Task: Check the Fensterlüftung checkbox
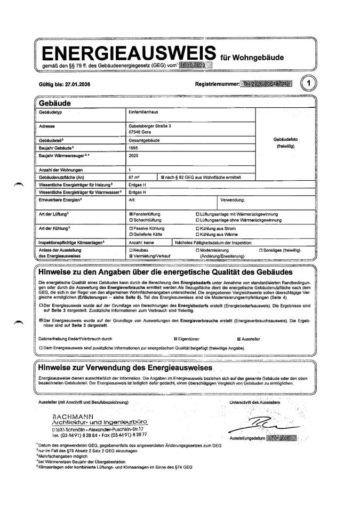[131, 213]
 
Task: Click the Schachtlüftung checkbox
[131, 220]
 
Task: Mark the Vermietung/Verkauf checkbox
[131, 257]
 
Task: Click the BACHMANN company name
[74, 415]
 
